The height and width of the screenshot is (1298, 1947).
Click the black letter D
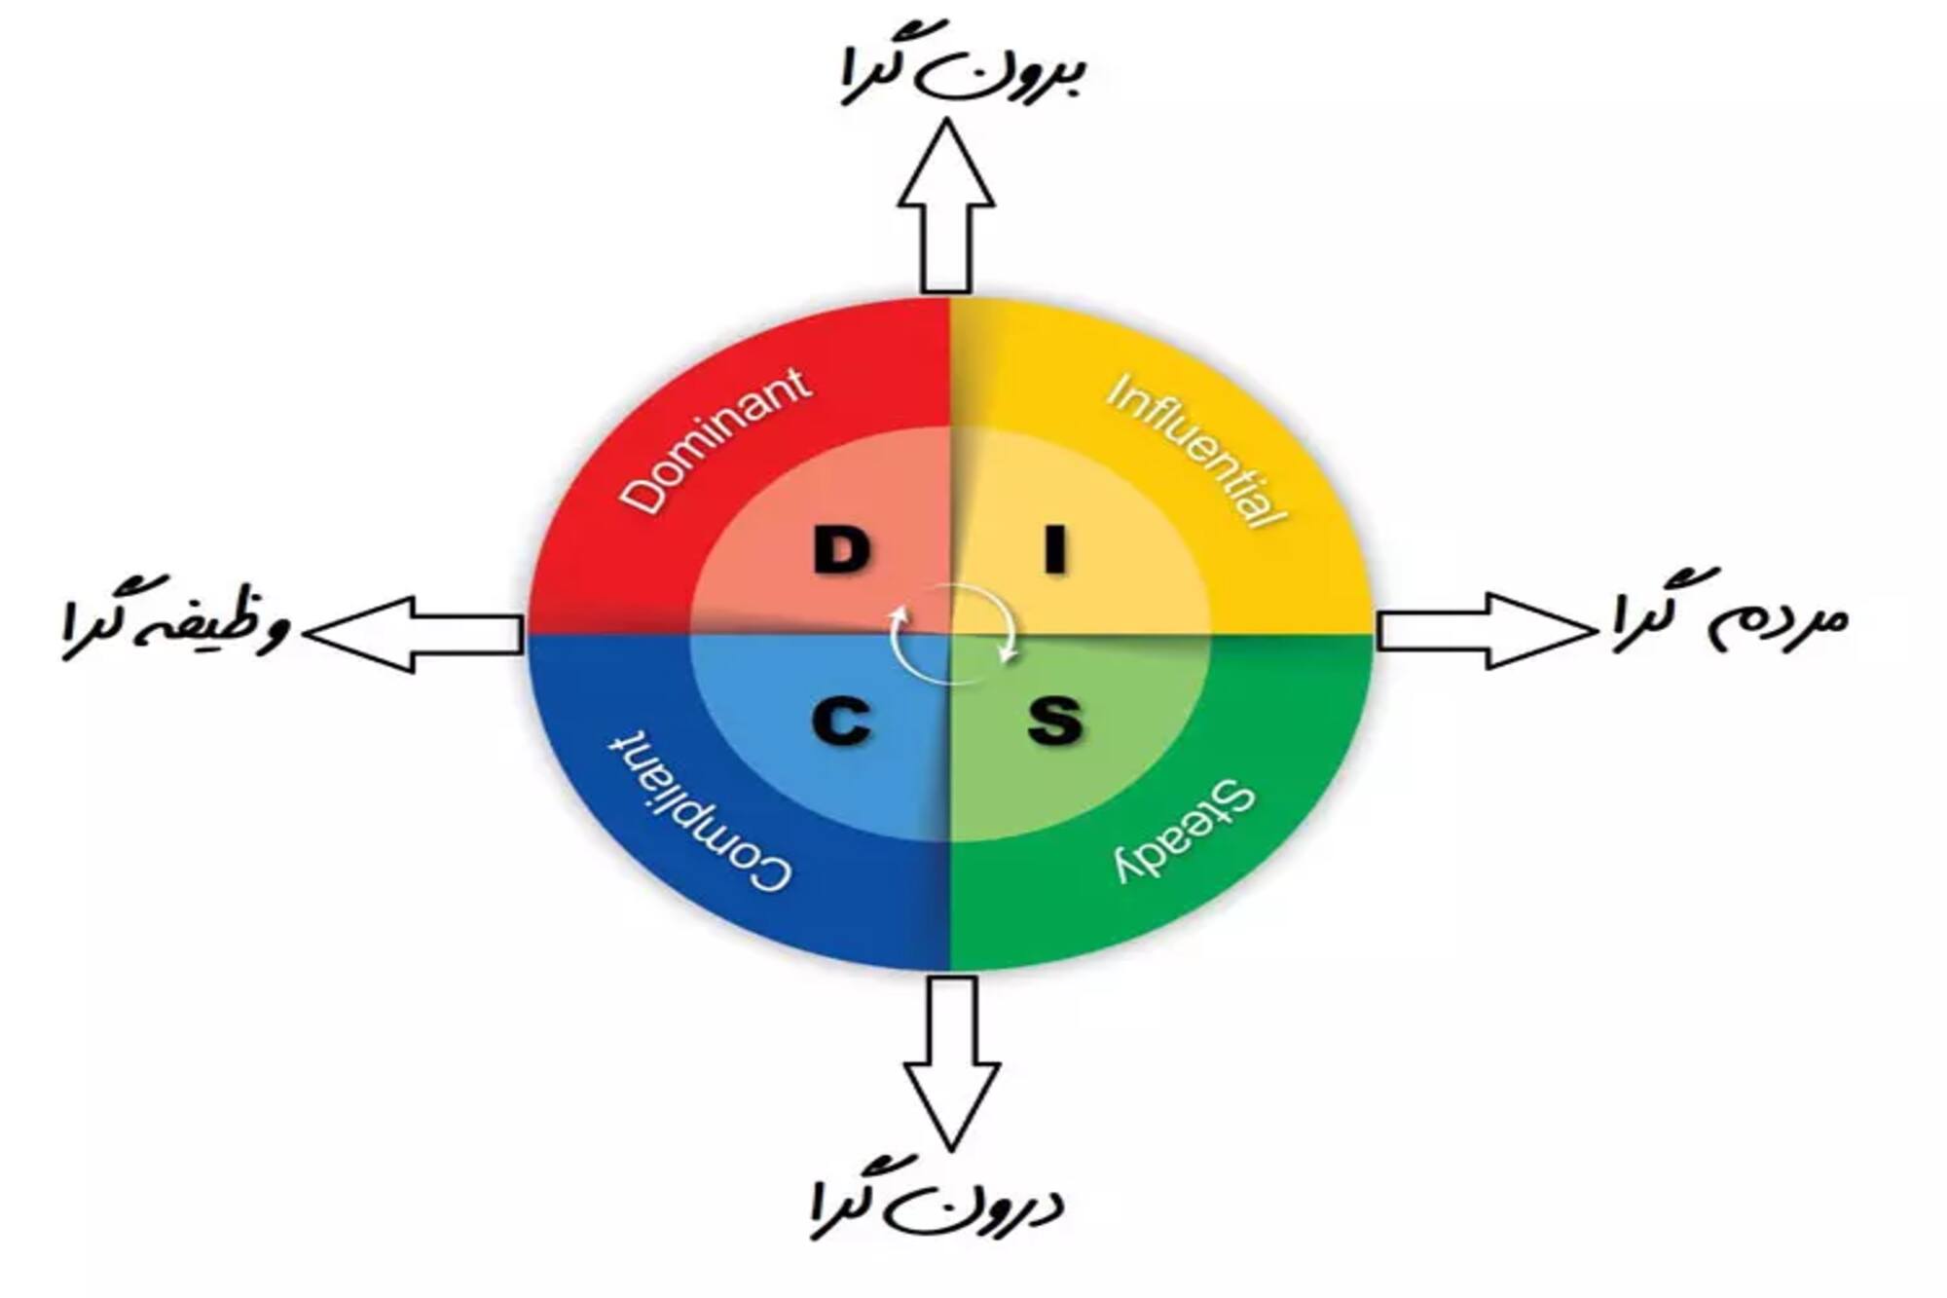[841, 551]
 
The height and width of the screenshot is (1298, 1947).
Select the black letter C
[841, 723]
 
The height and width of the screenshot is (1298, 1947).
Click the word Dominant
[716, 440]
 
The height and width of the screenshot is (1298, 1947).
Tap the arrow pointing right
[1485, 631]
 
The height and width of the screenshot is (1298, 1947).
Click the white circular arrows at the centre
[952, 630]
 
